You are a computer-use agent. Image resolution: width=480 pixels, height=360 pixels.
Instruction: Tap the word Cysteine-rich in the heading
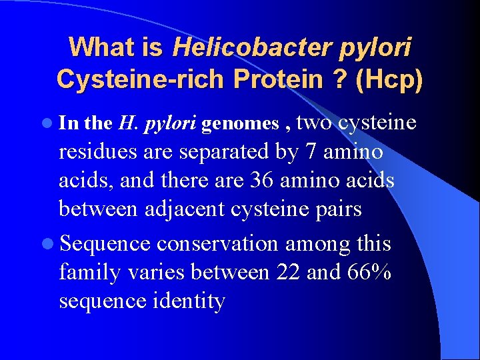(140, 79)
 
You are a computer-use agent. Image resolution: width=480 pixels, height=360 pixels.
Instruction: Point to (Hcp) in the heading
(389, 79)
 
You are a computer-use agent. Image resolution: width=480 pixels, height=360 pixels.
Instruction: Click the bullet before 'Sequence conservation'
(45, 244)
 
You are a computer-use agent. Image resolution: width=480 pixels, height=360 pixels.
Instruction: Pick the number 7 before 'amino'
(311, 152)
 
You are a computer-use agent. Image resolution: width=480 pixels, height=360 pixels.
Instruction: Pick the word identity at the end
(189, 301)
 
